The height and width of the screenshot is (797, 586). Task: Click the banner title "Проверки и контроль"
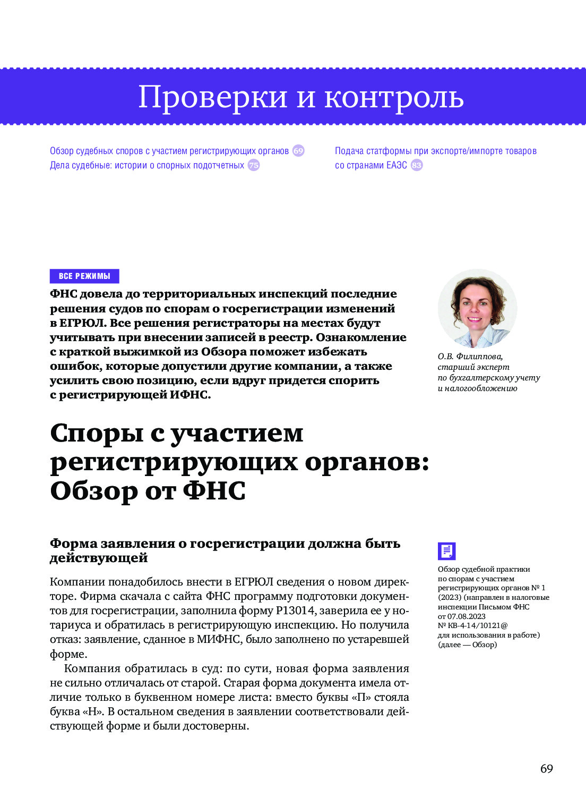(x=300, y=97)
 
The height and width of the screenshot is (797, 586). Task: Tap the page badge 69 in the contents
(x=298, y=151)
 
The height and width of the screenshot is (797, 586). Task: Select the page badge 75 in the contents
(x=254, y=165)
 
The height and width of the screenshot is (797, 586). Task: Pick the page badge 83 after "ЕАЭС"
(x=417, y=165)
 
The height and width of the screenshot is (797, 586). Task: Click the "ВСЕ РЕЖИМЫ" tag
(x=84, y=276)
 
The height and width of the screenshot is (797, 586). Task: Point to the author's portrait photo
(x=477, y=308)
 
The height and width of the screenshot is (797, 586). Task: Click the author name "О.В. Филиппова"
(x=470, y=357)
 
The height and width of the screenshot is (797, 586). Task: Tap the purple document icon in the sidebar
(x=446, y=551)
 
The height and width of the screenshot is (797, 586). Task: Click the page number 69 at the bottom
(x=546, y=768)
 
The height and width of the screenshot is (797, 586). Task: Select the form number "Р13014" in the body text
(x=295, y=611)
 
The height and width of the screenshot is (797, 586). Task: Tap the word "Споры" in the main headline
(x=97, y=433)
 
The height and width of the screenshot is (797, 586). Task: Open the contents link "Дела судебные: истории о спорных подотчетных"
(x=147, y=165)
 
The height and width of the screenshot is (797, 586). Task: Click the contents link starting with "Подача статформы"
(x=435, y=151)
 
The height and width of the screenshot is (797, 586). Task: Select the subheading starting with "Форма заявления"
(x=225, y=550)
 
